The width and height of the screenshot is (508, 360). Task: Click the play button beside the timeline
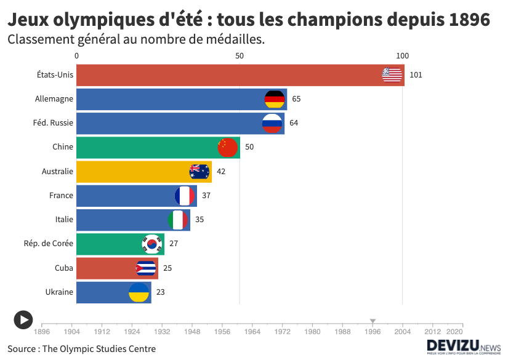coord(23,319)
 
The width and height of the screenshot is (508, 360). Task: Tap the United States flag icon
coord(392,75)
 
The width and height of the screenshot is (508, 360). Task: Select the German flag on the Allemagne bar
coord(275,99)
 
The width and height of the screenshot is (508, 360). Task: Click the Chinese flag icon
coord(227,148)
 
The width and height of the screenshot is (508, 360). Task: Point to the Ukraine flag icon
coord(139,292)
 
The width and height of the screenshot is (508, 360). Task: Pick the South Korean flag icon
coord(151,244)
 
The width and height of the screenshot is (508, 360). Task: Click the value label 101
coord(416,75)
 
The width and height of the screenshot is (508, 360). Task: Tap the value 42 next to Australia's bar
coord(221,172)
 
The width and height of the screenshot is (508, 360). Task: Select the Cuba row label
coord(64,268)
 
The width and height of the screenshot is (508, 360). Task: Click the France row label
coord(61,196)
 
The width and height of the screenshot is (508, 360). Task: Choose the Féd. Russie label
coord(53,123)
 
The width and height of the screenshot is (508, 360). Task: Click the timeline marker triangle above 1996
coord(373,321)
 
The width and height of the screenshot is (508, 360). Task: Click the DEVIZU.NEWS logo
coord(464,346)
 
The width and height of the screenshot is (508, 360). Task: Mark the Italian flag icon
coord(178,220)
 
